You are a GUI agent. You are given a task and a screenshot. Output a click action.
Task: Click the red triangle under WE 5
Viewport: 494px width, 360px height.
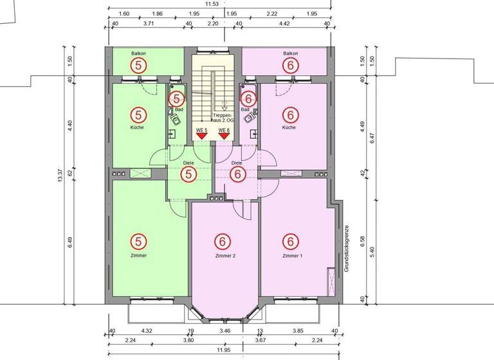(201, 136)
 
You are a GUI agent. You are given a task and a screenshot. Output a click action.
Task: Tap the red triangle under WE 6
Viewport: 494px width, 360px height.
(224, 136)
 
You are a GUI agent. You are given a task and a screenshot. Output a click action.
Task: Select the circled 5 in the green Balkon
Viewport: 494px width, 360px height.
(138, 65)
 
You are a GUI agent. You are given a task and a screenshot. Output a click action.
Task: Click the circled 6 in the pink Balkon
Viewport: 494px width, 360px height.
(291, 65)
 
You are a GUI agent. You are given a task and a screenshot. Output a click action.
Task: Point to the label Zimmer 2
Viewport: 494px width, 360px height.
(226, 256)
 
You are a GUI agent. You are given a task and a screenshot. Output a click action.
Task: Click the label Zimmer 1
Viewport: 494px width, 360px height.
(291, 256)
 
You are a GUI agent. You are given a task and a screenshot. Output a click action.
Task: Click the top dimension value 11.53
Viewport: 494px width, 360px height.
(221, 4)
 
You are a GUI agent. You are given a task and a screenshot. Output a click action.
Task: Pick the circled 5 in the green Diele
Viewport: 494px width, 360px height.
(188, 174)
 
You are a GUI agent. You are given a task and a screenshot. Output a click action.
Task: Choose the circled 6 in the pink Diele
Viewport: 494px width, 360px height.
(237, 174)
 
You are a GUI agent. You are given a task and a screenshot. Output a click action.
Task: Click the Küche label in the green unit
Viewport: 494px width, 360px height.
(136, 127)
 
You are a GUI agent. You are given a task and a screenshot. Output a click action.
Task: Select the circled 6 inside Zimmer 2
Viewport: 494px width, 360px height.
(223, 242)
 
